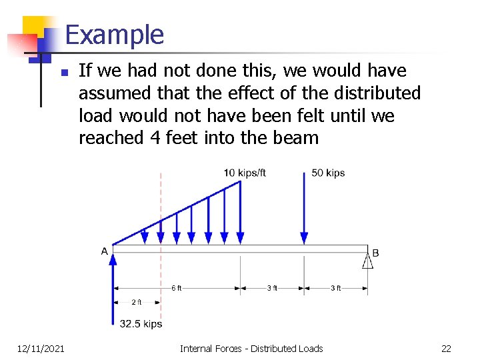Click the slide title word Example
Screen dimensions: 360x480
pos(115,35)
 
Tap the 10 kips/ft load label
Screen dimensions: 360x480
pos(245,173)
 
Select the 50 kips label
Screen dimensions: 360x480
pos(328,173)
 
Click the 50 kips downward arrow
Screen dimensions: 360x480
pos(305,207)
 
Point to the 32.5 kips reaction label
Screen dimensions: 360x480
pos(141,324)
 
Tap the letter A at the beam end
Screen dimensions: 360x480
pos(105,251)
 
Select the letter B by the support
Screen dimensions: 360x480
pos(375,253)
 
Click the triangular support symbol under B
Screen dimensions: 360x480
pos(367,260)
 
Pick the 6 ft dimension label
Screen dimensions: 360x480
pos(176,288)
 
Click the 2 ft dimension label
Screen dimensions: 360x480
pos(137,302)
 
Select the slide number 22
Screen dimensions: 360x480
pos(446,348)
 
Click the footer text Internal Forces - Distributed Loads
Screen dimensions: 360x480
pos(251,348)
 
